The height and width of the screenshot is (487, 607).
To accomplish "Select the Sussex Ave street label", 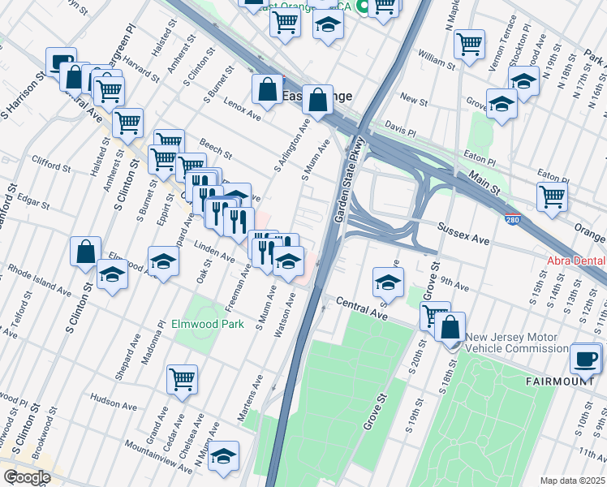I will [464, 235].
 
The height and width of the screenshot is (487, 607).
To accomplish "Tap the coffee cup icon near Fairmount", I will [585, 359].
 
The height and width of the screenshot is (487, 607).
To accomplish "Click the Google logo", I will [27, 476].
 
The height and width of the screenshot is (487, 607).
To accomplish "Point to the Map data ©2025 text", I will [572, 481].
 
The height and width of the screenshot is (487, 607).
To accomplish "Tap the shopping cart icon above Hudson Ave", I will [182, 378].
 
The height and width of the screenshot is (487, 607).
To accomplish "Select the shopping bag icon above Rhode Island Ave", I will [85, 252].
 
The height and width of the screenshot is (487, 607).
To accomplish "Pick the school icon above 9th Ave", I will [388, 283].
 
